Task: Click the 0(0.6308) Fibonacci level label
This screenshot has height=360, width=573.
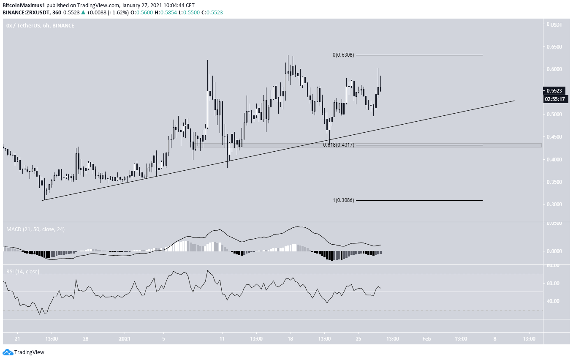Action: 343,55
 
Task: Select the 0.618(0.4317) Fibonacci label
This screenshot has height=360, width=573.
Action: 339,145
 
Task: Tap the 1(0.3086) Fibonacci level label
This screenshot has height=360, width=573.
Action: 343,200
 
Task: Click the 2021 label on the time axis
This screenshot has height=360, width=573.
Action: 125,339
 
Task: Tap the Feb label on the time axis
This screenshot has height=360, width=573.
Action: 426,339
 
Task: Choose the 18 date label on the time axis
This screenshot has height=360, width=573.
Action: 291,339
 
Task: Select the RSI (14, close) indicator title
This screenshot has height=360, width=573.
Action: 23,271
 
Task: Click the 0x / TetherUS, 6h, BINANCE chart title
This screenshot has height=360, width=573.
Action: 40,26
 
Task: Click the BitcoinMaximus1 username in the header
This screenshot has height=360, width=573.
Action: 22,5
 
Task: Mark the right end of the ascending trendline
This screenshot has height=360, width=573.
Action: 514,101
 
